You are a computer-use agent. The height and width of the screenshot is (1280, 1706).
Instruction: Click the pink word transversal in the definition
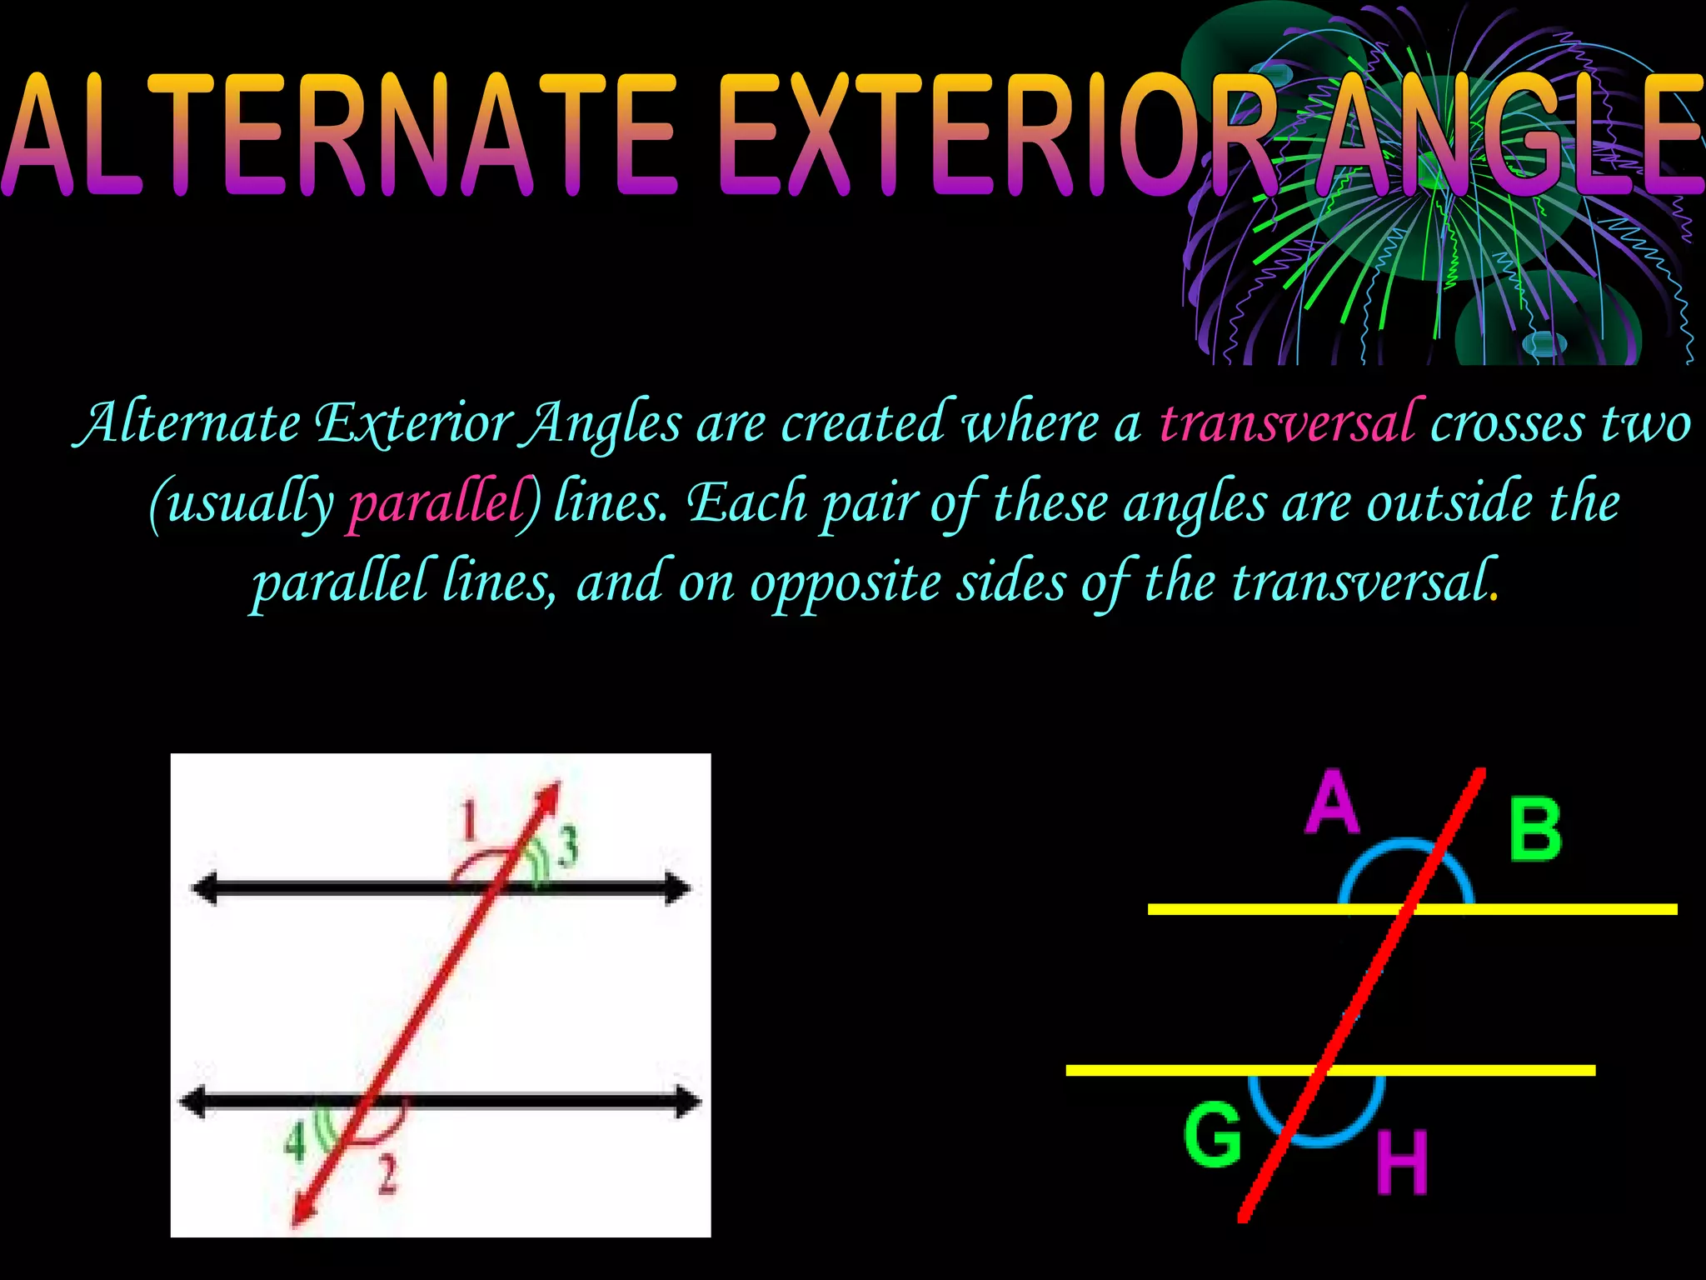click(x=1286, y=423)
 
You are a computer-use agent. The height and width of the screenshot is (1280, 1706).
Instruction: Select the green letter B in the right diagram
click(x=1535, y=830)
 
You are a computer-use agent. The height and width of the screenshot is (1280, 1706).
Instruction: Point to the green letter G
click(x=1213, y=1133)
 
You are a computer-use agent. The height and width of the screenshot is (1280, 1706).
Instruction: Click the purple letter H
click(x=1402, y=1162)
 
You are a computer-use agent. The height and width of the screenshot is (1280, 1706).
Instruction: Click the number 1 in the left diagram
click(x=470, y=820)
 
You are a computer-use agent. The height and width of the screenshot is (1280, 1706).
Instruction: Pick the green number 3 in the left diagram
click(x=568, y=847)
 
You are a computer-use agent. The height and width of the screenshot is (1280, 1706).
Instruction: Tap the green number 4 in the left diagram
click(x=295, y=1142)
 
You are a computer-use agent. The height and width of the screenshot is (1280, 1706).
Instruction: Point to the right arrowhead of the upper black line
click(x=678, y=889)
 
